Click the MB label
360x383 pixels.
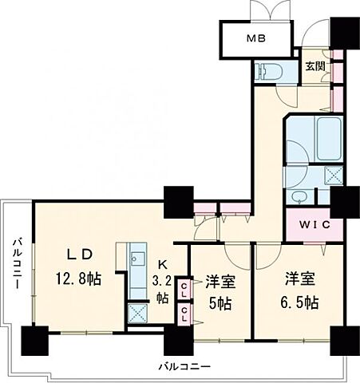[255, 39]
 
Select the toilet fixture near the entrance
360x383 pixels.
[266, 71]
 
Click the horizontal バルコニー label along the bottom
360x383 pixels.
[184, 366]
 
